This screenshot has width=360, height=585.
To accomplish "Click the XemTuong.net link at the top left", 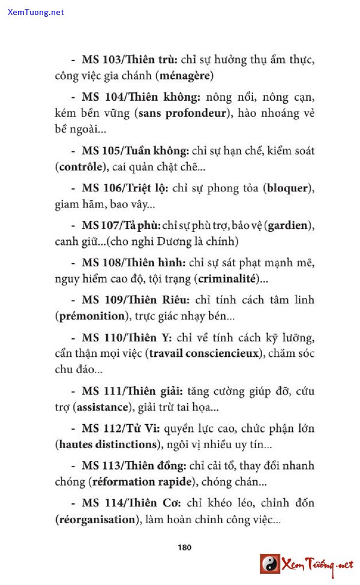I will click(x=36, y=13).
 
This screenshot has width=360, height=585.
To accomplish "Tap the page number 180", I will click(x=184, y=547).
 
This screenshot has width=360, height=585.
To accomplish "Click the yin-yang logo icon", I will click(x=270, y=564).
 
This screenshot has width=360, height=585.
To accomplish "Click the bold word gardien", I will click(x=289, y=226).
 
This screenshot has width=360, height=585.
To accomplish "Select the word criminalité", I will click(x=226, y=279).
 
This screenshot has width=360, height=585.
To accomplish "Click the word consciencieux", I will click(x=223, y=353).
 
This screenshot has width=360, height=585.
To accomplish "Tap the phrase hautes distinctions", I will click(x=108, y=445).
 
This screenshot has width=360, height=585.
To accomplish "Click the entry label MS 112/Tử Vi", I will click(x=113, y=429).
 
